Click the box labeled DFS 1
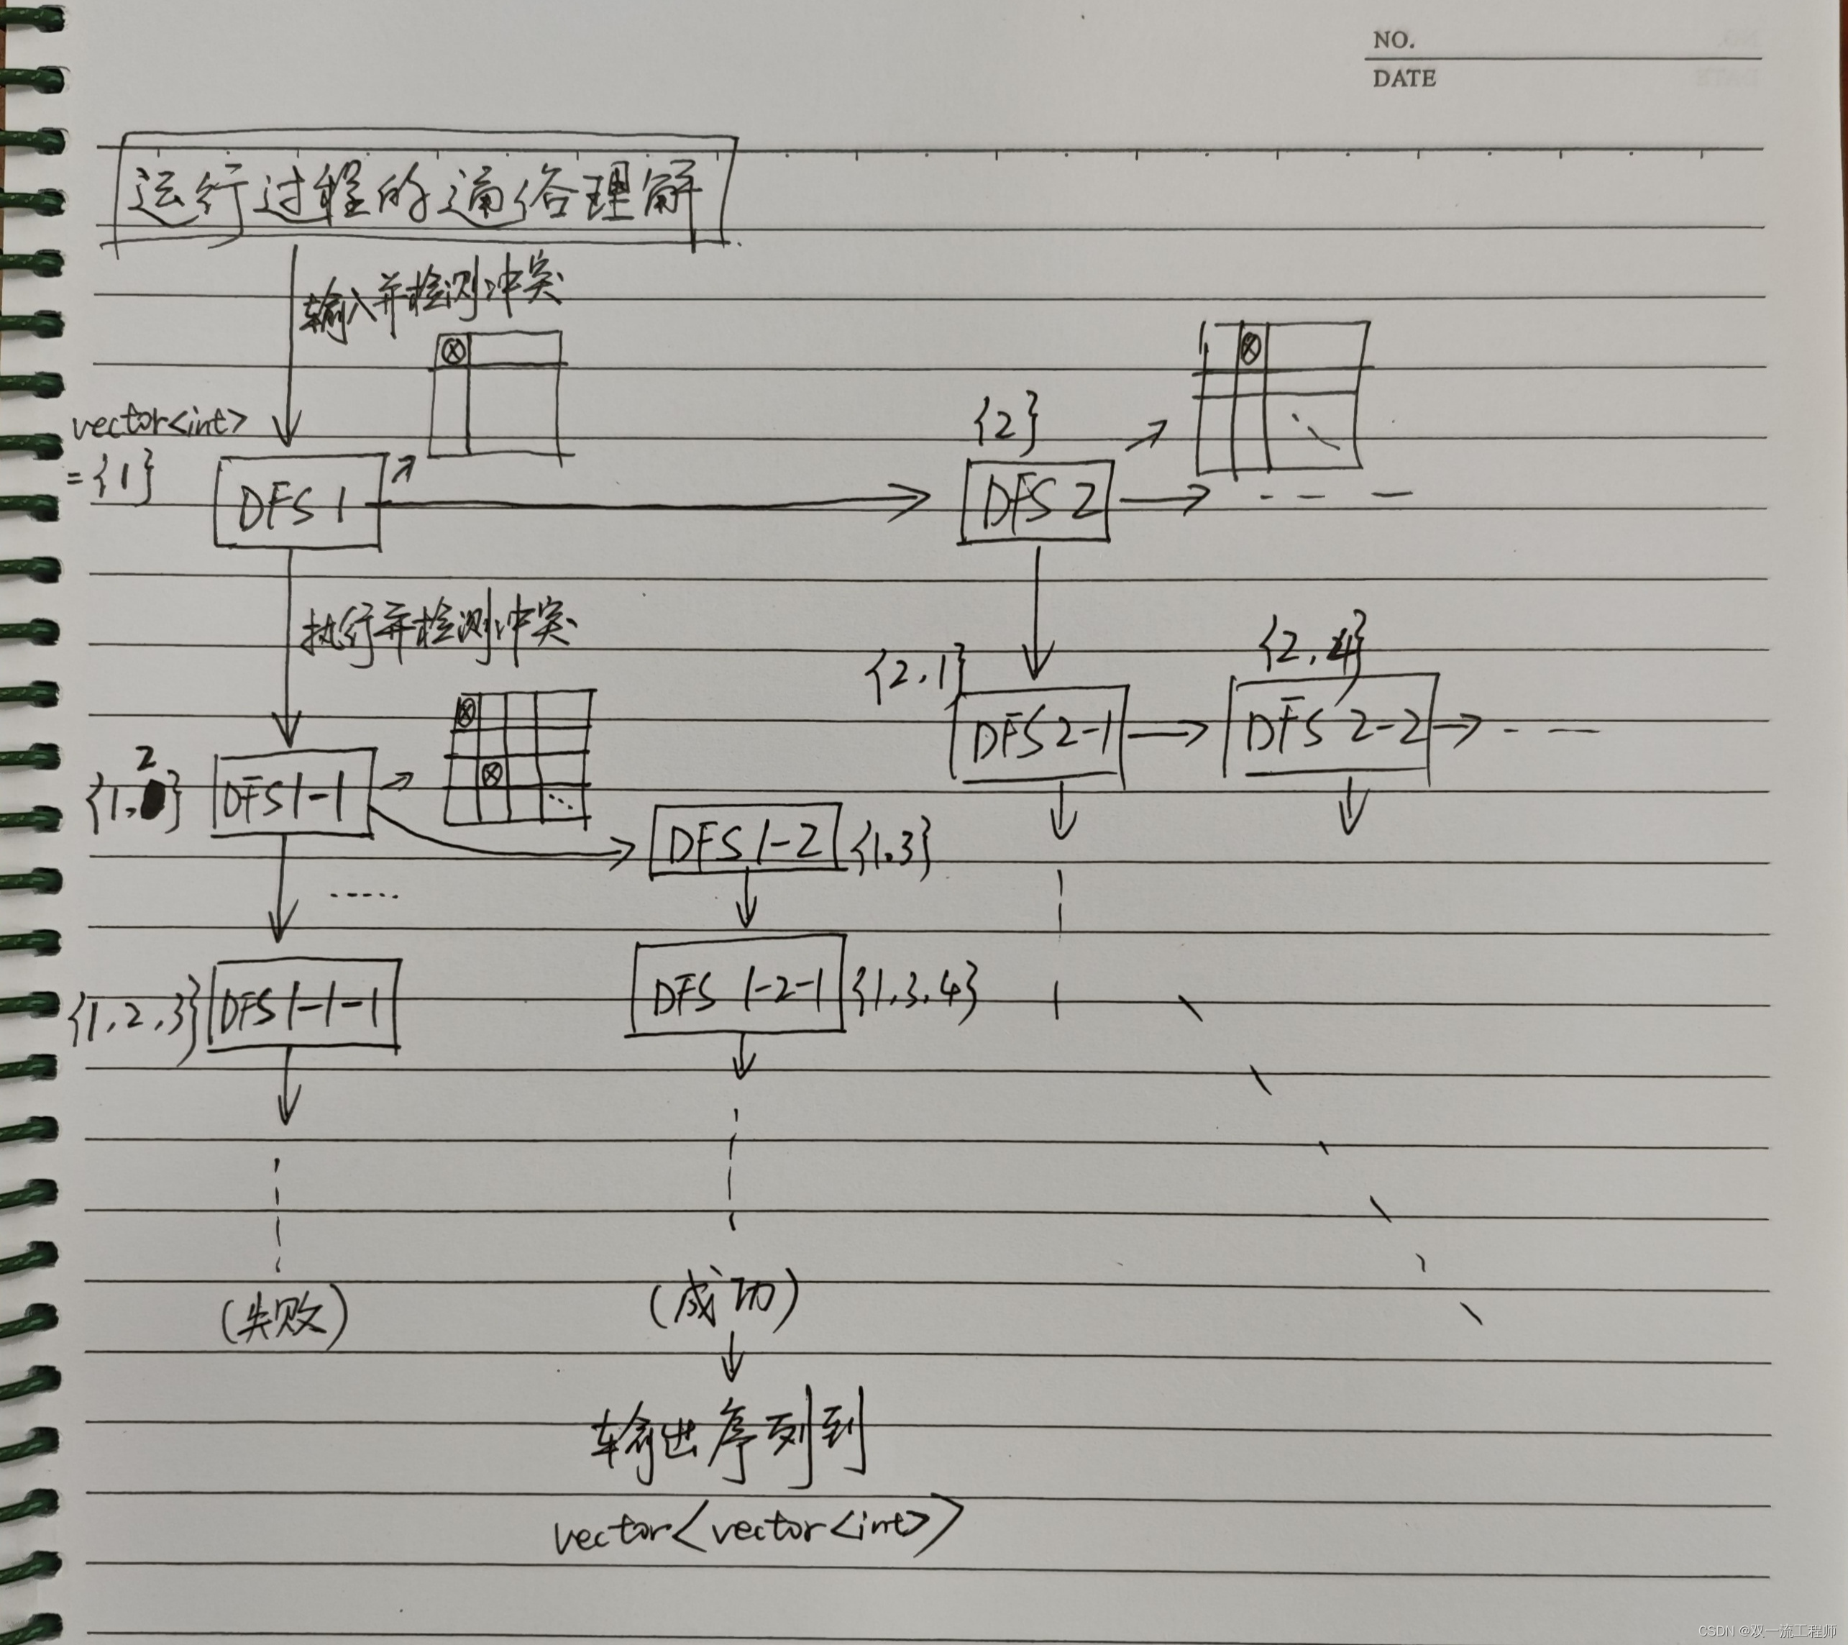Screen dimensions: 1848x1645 [296, 502]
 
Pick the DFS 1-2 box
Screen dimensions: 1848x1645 [745, 840]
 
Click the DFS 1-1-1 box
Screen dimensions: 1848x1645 [303, 1008]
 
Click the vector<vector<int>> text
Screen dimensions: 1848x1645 [755, 1526]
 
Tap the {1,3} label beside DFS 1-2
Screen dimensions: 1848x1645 [892, 850]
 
